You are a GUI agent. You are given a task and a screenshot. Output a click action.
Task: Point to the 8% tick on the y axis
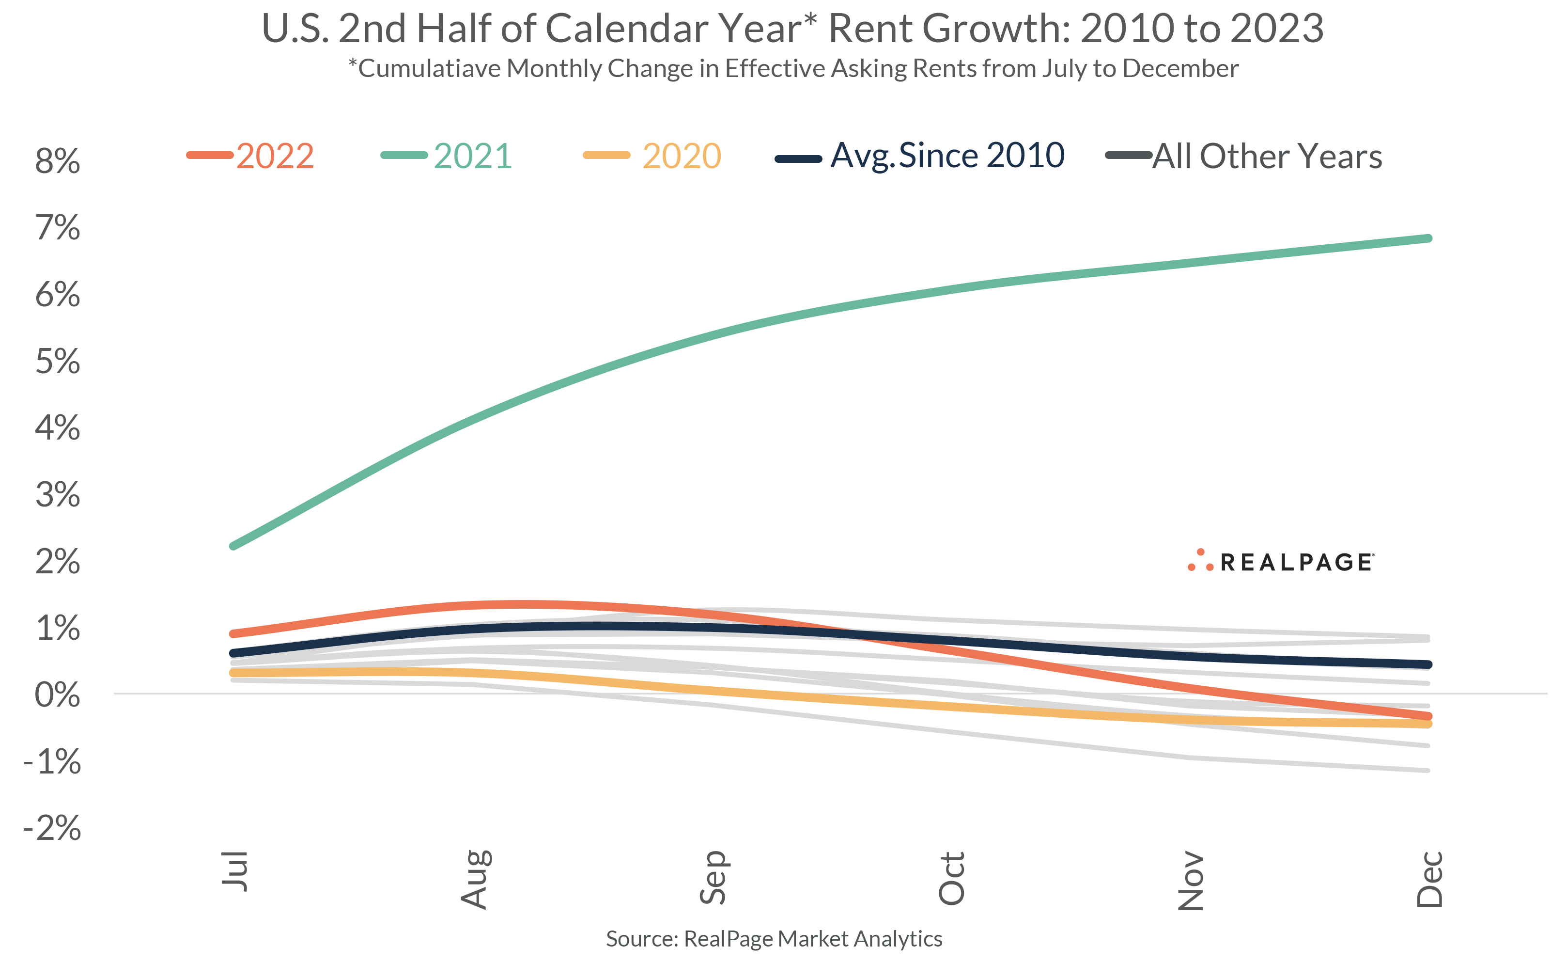click(57, 160)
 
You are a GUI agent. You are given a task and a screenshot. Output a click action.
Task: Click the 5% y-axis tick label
click(57, 361)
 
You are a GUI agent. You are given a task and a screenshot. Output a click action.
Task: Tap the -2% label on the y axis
click(52, 828)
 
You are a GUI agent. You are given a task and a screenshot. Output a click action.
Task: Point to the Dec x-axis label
click(1429, 879)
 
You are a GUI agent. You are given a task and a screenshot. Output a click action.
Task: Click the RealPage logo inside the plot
click(1281, 562)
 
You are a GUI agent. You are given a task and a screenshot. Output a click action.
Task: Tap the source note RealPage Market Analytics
click(774, 939)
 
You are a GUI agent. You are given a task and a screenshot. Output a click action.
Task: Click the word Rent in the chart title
click(870, 29)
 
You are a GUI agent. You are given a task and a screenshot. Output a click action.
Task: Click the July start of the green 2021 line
click(233, 546)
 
